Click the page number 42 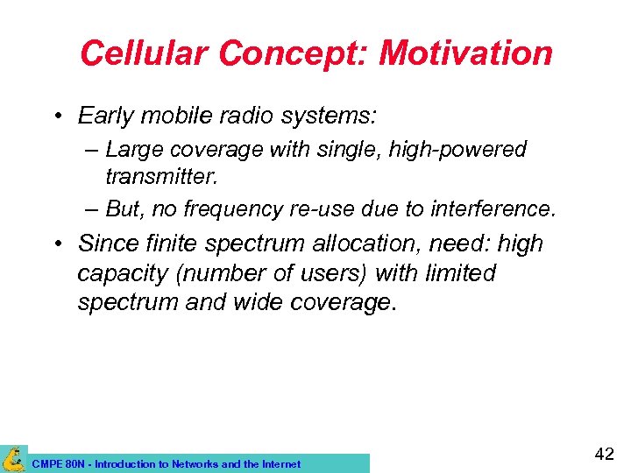(604, 454)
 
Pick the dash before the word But (92, 209)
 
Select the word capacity (123, 273)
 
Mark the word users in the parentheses (332, 273)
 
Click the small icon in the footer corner (13, 458)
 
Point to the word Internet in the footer (279, 464)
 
